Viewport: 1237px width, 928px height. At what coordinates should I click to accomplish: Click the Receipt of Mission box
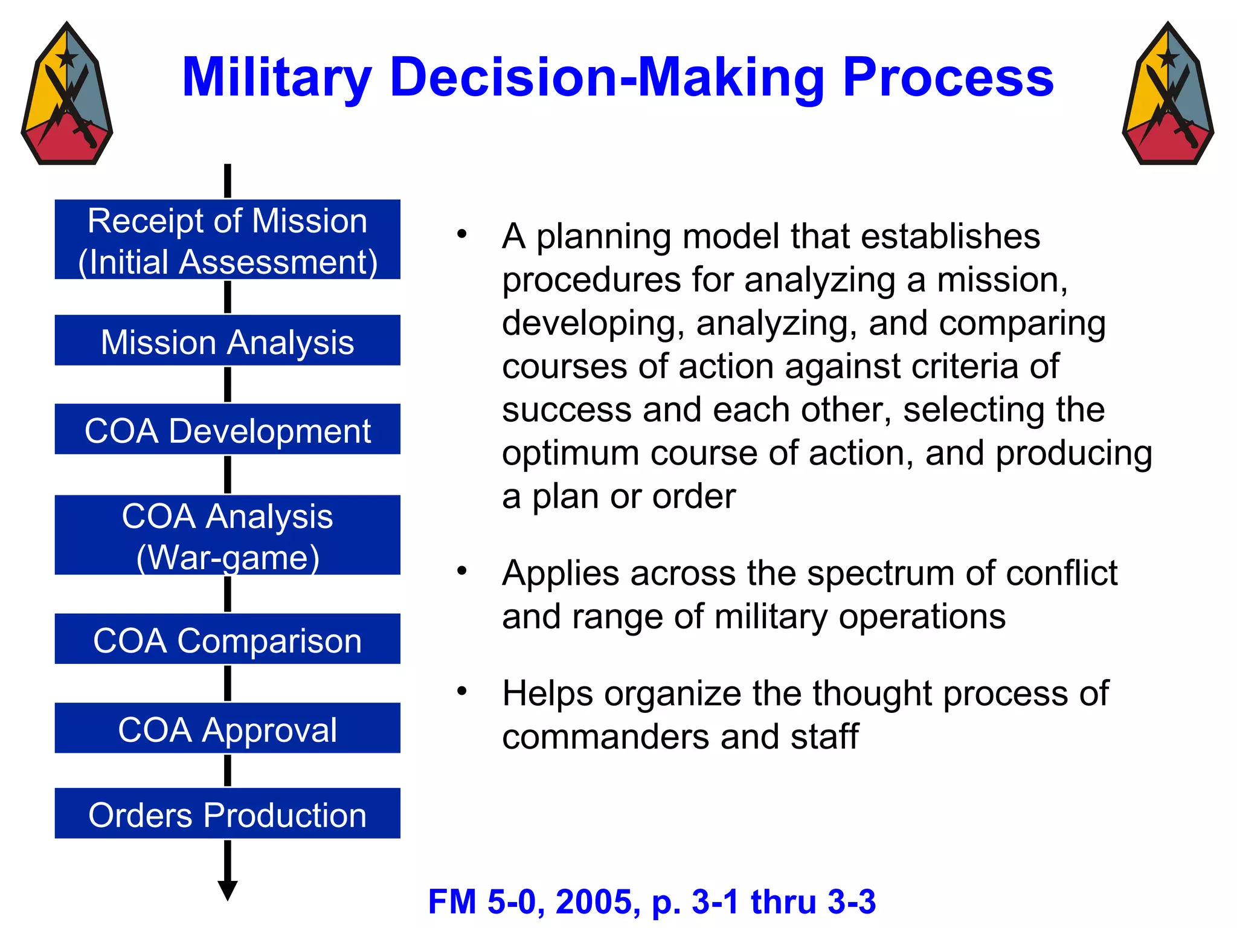tap(227, 239)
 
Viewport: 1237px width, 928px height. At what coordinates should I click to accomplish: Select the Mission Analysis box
tap(227, 340)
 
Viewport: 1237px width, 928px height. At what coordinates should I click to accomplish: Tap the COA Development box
tap(227, 429)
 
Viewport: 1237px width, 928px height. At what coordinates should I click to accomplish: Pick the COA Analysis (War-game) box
tap(227, 535)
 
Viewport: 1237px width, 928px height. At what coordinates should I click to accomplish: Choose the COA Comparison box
tap(227, 639)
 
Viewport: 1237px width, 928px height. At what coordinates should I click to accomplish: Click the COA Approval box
tap(227, 727)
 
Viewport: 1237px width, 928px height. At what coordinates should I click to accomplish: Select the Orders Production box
tap(227, 813)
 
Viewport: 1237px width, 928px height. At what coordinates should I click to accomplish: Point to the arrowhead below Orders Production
tap(228, 890)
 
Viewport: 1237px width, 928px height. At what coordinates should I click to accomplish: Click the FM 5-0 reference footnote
tap(652, 901)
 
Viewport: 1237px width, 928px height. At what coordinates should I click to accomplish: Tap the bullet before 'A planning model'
tap(462, 234)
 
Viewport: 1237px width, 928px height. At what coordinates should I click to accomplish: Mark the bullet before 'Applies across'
tap(462, 570)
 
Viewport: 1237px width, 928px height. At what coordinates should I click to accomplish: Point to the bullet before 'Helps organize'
tap(462, 691)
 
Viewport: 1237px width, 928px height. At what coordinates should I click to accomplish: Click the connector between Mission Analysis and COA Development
tap(228, 384)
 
